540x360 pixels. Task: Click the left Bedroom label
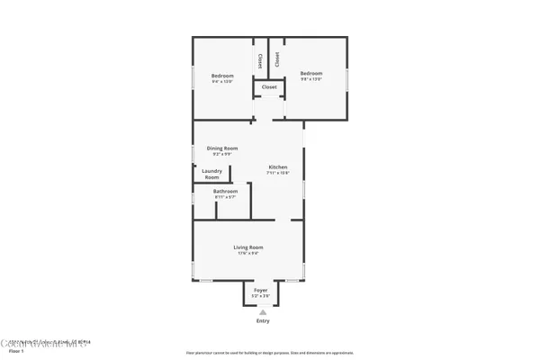(222, 75)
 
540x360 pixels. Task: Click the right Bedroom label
(311, 73)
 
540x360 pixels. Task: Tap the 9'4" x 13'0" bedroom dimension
(222, 81)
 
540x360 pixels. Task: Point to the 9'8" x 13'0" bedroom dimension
(311, 79)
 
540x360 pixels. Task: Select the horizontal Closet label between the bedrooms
(269, 87)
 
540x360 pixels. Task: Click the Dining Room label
(221, 148)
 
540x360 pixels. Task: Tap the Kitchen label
(278, 167)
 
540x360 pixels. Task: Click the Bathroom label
(225, 191)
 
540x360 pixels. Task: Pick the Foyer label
(260, 290)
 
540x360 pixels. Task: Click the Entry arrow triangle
(263, 311)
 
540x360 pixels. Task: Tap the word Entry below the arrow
(263, 321)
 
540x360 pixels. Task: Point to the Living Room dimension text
(248, 253)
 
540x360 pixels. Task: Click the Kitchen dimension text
(278, 173)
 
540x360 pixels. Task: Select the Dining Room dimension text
(221, 154)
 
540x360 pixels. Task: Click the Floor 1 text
(16, 351)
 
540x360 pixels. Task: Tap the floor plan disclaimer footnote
(269, 352)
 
